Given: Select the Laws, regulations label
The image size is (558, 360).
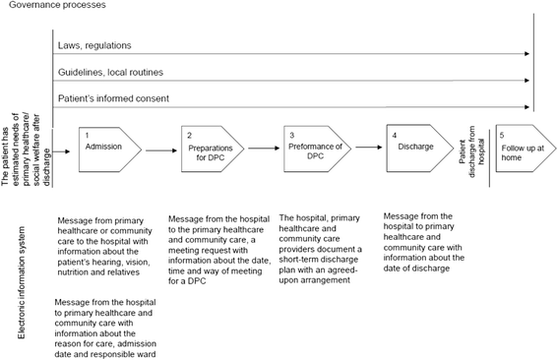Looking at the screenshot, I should pyautogui.click(x=94, y=45).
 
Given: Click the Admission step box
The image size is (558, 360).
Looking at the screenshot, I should pyautogui.click(x=108, y=149).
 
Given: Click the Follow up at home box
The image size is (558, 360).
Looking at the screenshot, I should pyautogui.click(x=521, y=149).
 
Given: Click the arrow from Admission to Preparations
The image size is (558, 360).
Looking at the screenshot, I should pyautogui.click(x=159, y=150).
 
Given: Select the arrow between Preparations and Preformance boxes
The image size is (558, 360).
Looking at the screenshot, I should pyautogui.click(x=263, y=150).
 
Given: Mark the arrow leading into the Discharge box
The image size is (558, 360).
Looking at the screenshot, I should pyautogui.click(x=367, y=150).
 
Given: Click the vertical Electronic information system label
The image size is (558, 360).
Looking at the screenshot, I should pyautogui.click(x=23, y=279).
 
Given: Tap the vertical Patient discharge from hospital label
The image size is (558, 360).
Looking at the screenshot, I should pyautogui.click(x=470, y=150).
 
